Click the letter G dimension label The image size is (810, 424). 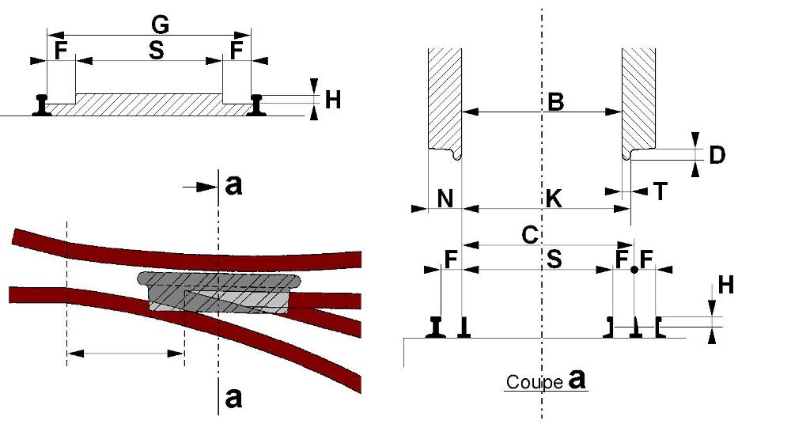[x=160, y=25]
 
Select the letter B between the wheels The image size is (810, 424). [x=555, y=102]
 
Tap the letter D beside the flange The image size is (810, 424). [x=717, y=155]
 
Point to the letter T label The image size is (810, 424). [x=660, y=191]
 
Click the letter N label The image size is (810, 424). [x=445, y=199]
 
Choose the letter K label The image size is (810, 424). [x=553, y=199]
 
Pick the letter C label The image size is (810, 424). [x=529, y=235]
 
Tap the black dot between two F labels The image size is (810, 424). [x=634, y=270]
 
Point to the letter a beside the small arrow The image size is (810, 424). [x=233, y=185]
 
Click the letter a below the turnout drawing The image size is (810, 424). [x=233, y=398]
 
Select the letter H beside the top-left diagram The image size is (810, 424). [x=333, y=100]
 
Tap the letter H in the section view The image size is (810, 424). [x=726, y=285]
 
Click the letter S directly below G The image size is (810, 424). [x=156, y=51]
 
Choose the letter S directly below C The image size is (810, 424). [x=554, y=259]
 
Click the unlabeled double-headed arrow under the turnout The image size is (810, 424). [x=126, y=354]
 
